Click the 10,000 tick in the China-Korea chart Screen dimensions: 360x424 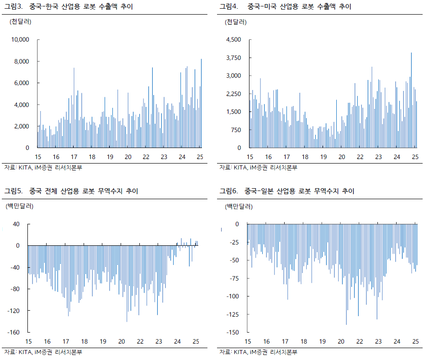pos(20,40)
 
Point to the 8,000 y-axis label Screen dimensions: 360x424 pos(21,61)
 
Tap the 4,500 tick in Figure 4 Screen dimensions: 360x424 pos(233,40)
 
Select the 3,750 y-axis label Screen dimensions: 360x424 pos(233,58)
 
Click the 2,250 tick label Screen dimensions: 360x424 pos(233,94)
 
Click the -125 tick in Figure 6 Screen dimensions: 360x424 pos(233,314)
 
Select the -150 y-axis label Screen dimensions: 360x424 pos(233,332)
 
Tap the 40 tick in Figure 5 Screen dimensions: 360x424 pos(16,224)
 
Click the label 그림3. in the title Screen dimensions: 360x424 pos(13,7)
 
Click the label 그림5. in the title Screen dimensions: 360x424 pos(13,191)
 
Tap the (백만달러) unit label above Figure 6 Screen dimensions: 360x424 pos(238,206)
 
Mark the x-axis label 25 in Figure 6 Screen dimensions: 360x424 pos(415,342)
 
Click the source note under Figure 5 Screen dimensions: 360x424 pos(43,352)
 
